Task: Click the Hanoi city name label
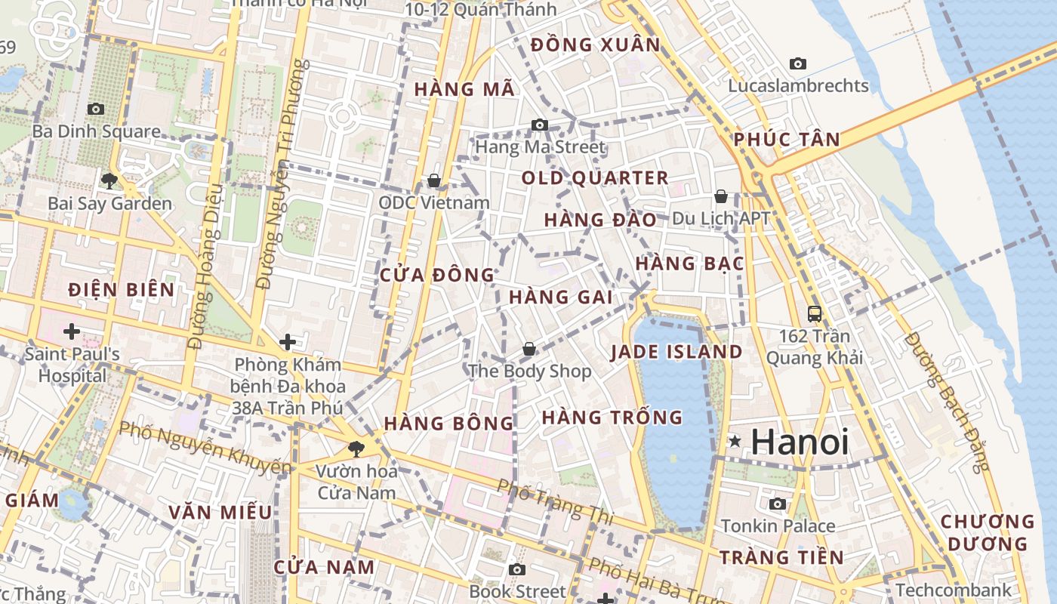pos(800,442)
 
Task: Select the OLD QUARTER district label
pos(595,178)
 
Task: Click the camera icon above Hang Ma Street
pos(540,125)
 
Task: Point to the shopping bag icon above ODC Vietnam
pos(434,180)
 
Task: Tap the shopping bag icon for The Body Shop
pos(529,349)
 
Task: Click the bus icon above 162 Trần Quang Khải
pos(814,313)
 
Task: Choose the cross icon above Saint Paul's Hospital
pos(72,331)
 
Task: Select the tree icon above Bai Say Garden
pos(109,180)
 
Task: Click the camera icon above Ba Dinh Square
pos(95,109)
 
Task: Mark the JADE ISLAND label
pos(676,352)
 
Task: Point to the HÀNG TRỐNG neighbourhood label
pos(612,418)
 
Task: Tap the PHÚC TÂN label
pos(787,139)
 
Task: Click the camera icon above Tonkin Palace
pos(778,504)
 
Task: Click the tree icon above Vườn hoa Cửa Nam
pos(356,449)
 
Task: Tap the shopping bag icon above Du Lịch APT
pos(721,196)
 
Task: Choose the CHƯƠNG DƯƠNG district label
pos(988,532)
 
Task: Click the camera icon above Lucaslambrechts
pos(798,63)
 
